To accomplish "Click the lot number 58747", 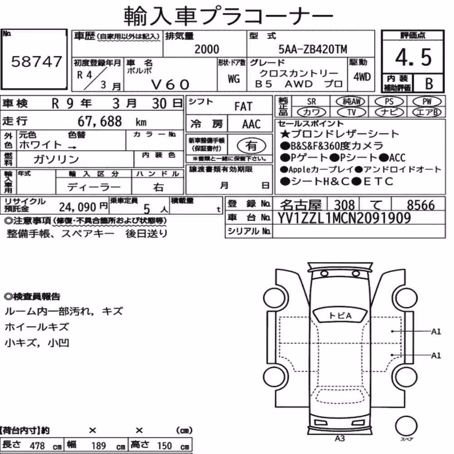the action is (x=36, y=62).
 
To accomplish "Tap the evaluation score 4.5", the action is (x=413, y=57).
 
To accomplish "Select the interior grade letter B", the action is (x=429, y=84).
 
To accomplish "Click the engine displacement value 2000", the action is (x=207, y=49).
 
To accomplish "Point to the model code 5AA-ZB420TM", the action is (x=313, y=49).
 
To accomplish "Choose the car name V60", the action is (x=170, y=84).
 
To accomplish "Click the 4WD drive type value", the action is (x=362, y=77).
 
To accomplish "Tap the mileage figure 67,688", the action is (x=100, y=122).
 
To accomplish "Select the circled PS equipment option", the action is (x=389, y=102).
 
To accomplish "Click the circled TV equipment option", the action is (x=351, y=112).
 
